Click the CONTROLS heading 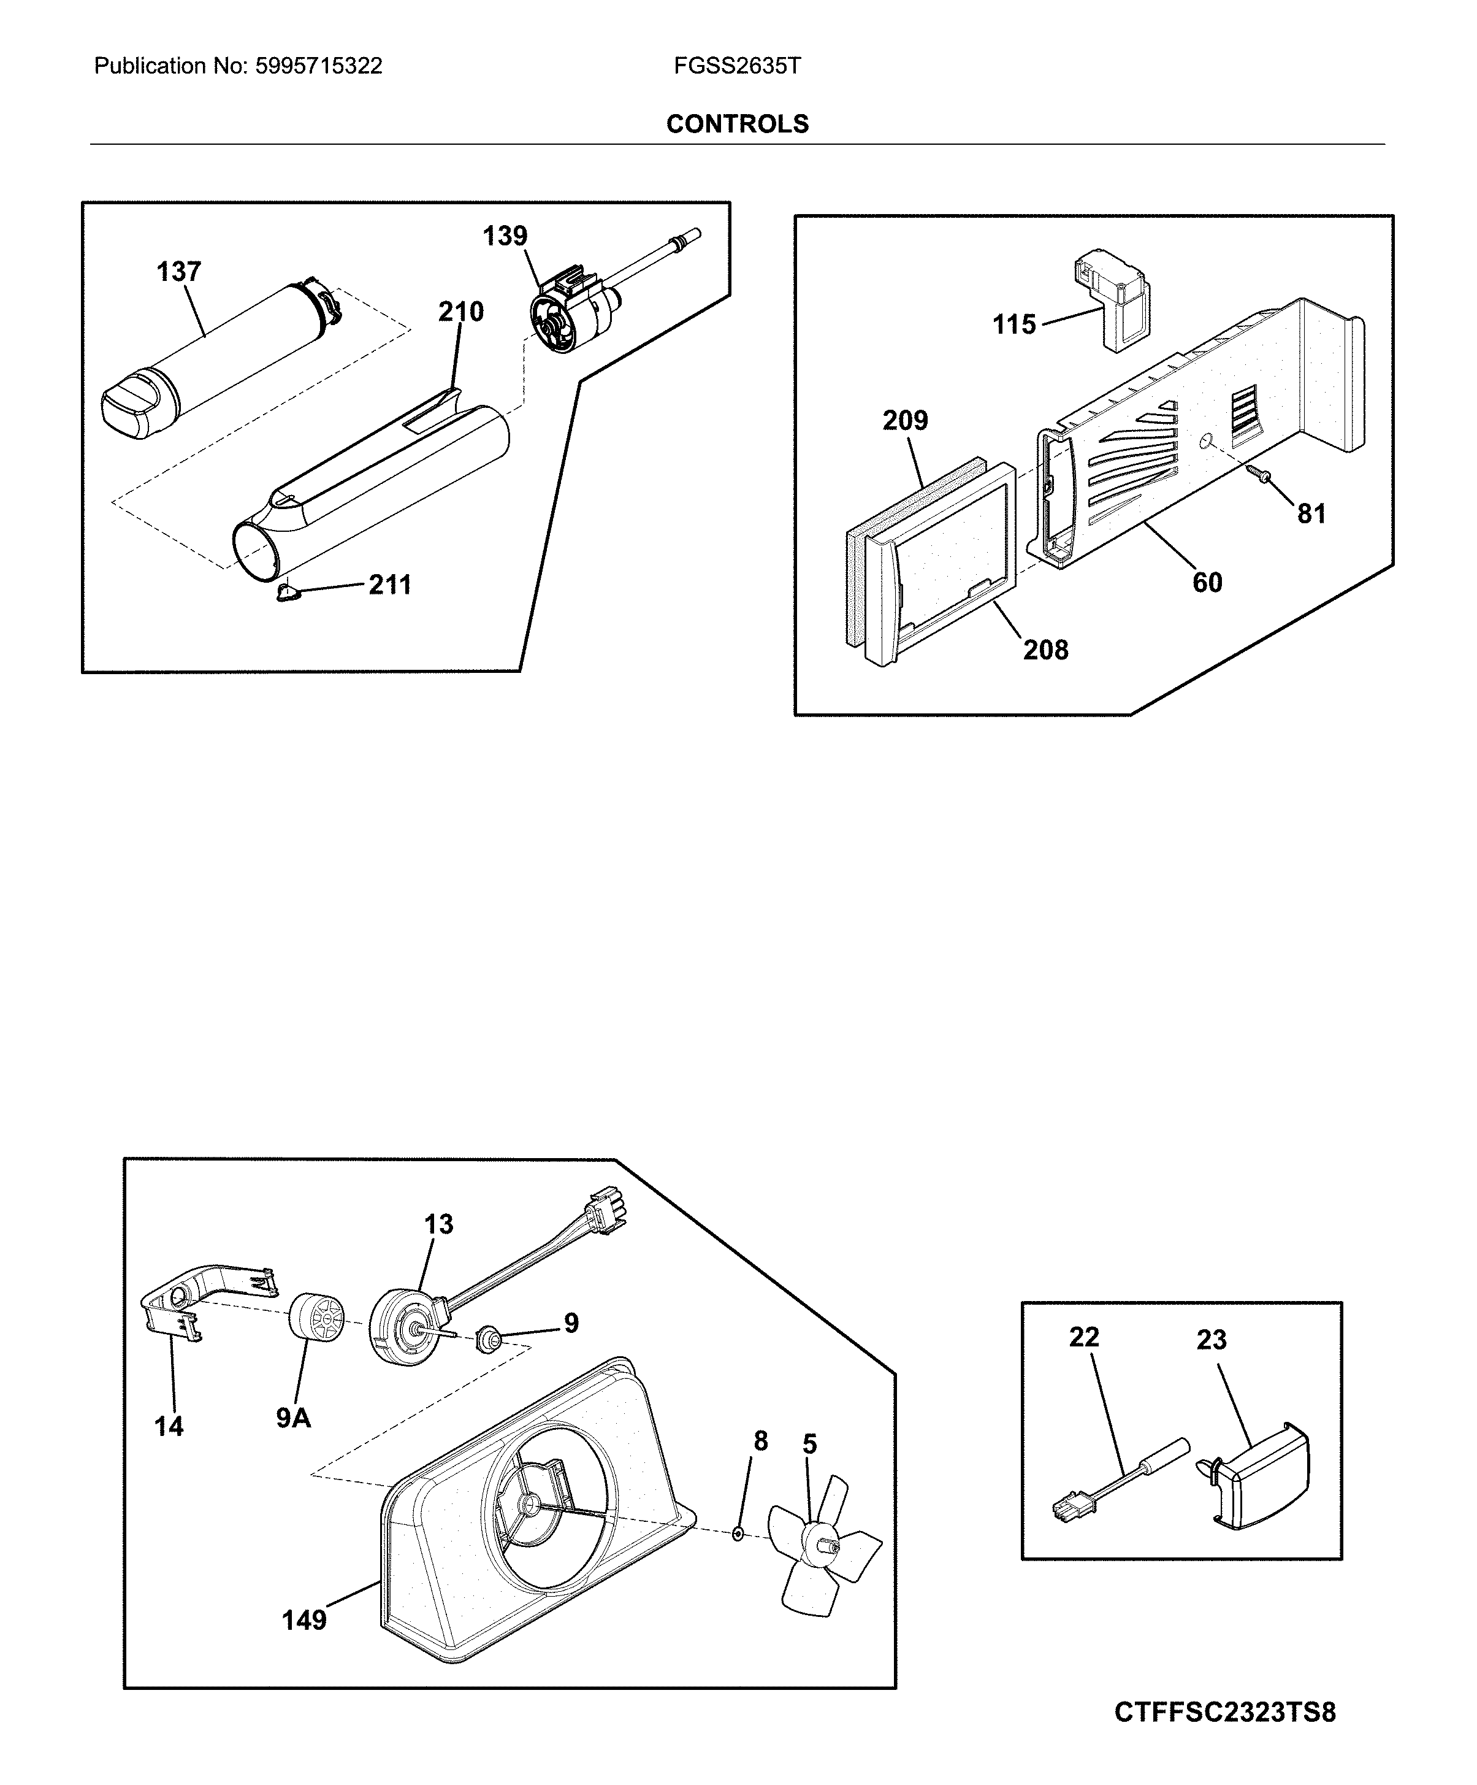(x=737, y=124)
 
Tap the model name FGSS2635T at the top (x=737, y=66)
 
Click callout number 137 (x=178, y=272)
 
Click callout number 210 (x=460, y=312)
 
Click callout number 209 (x=905, y=421)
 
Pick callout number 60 (x=1207, y=583)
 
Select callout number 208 (x=1045, y=650)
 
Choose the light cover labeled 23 (x=1266, y=1475)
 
